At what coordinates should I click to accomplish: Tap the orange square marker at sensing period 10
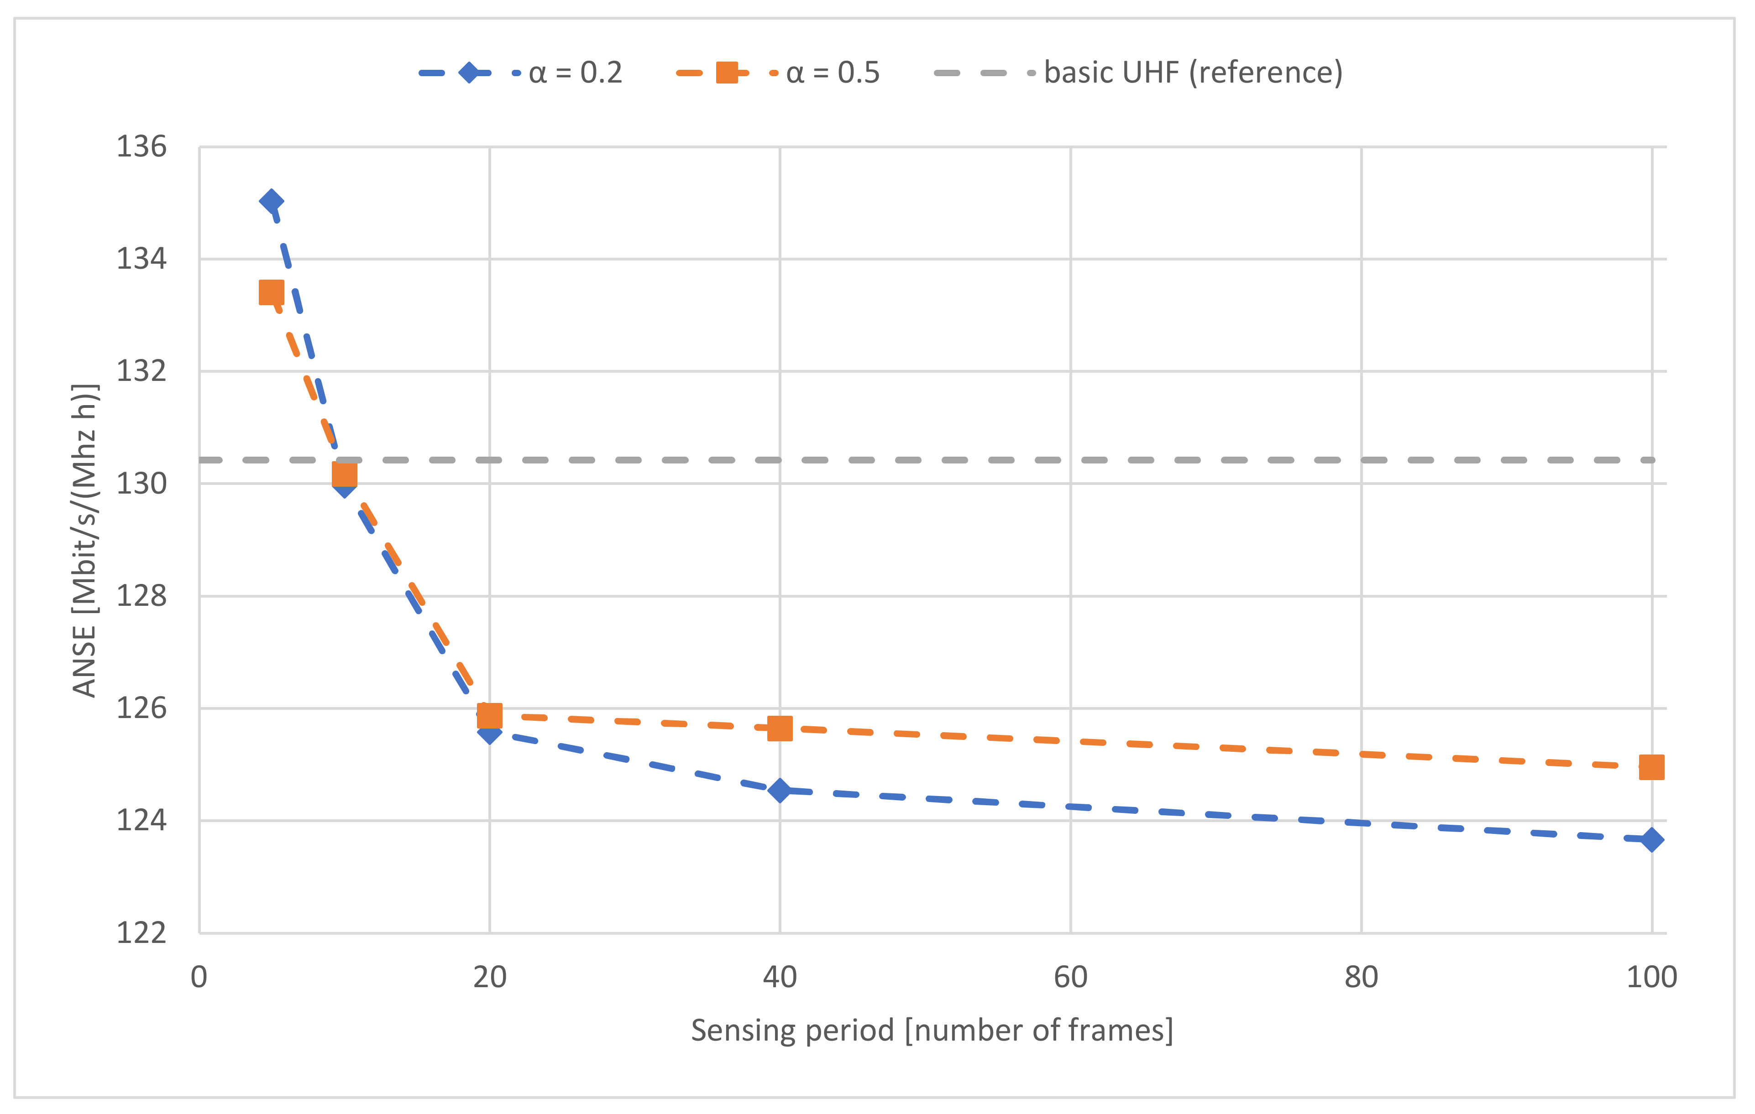(x=345, y=475)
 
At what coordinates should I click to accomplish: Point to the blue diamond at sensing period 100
(x=1651, y=840)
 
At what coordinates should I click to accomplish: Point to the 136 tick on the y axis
(x=141, y=147)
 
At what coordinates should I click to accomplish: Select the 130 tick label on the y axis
(x=141, y=484)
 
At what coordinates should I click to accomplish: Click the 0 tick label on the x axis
(x=199, y=978)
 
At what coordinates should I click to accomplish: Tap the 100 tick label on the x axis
(x=1651, y=978)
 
